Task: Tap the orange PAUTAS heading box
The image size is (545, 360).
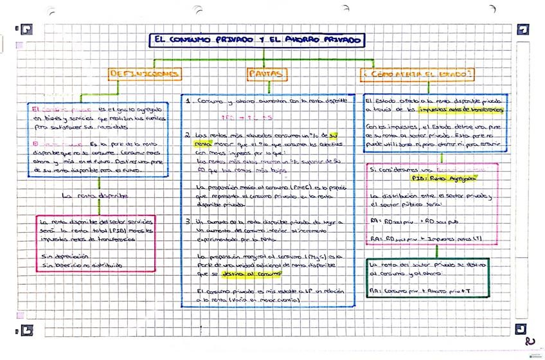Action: (x=264, y=75)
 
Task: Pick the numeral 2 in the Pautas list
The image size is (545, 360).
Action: (x=187, y=136)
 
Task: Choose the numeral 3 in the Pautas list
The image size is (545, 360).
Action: (x=187, y=221)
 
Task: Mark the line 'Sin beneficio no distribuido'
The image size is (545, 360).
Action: (x=80, y=264)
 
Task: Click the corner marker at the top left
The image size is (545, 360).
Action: (x=26, y=29)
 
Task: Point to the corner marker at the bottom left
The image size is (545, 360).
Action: (x=26, y=330)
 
